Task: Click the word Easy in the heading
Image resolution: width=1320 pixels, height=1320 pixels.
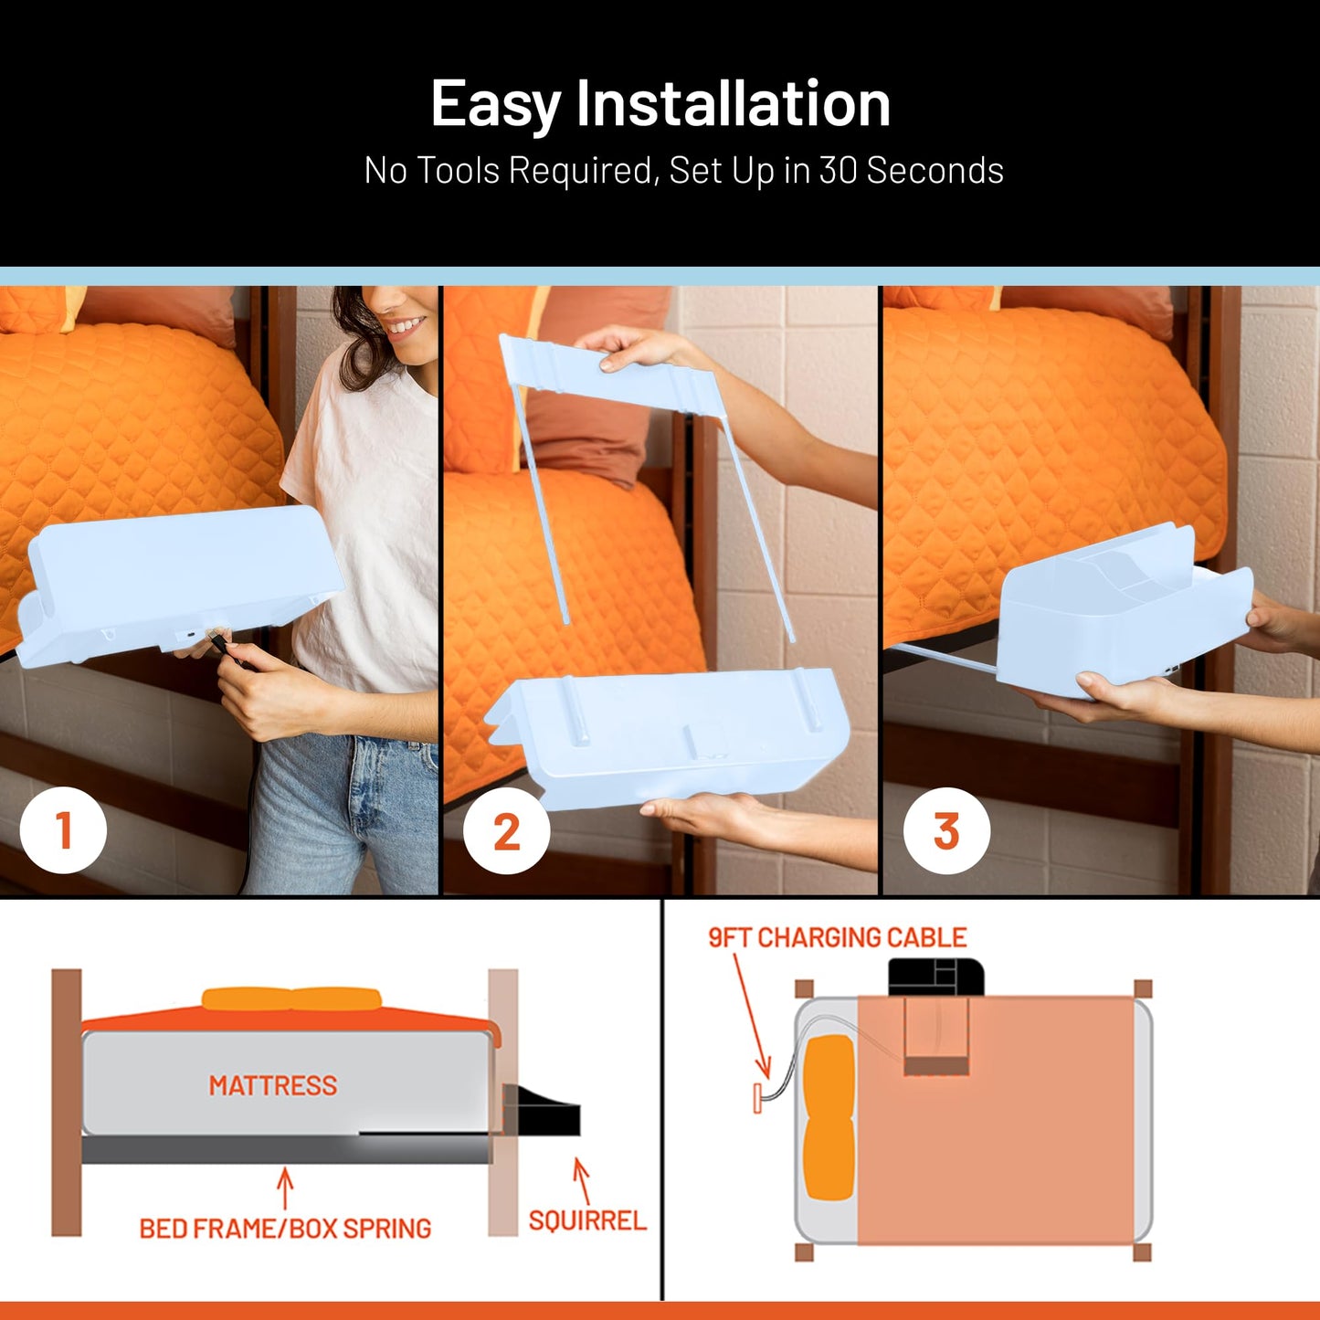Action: [495, 105]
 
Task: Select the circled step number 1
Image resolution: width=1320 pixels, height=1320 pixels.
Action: [63, 831]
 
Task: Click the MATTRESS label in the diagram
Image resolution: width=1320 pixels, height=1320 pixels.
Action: [272, 1085]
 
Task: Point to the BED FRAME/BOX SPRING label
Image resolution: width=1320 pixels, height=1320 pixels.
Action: [284, 1229]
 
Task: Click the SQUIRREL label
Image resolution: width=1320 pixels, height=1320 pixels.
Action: [587, 1220]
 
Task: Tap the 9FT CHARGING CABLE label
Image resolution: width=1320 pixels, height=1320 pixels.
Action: [837, 938]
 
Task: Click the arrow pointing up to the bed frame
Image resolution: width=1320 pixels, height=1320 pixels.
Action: [285, 1188]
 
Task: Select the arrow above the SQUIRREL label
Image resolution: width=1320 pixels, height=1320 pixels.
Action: [581, 1180]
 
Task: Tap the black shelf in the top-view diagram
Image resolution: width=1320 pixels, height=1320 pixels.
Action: [935, 977]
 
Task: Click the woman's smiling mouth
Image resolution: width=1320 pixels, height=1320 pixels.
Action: [406, 325]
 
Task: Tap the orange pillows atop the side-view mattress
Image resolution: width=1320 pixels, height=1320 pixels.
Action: [290, 999]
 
